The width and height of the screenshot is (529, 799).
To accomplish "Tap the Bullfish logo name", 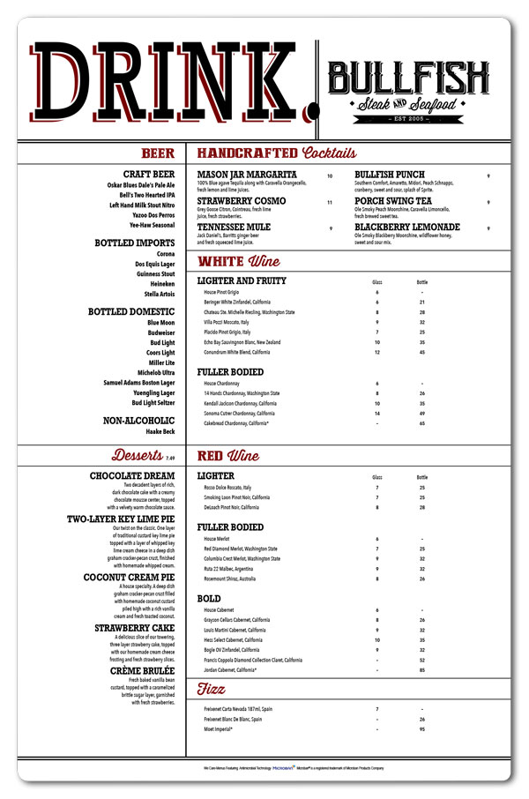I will (x=408, y=77).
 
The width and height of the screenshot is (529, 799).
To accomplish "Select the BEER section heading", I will (x=158, y=153).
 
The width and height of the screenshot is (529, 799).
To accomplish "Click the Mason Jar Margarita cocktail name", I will (x=247, y=175).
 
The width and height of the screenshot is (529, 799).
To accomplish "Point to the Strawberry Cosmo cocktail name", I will (x=241, y=201).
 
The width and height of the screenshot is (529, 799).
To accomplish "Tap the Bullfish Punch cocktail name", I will (x=389, y=175).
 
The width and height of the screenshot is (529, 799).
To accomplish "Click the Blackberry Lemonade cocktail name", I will (x=407, y=228).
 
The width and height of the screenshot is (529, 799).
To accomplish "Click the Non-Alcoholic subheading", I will (x=138, y=421).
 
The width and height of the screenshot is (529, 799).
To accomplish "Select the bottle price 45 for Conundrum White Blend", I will (x=422, y=352).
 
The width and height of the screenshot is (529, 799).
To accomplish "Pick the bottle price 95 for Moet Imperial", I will (x=422, y=729).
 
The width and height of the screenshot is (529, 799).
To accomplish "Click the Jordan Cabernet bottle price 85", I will (x=422, y=671).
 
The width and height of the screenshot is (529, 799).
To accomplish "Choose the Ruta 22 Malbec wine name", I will (x=232, y=569).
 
